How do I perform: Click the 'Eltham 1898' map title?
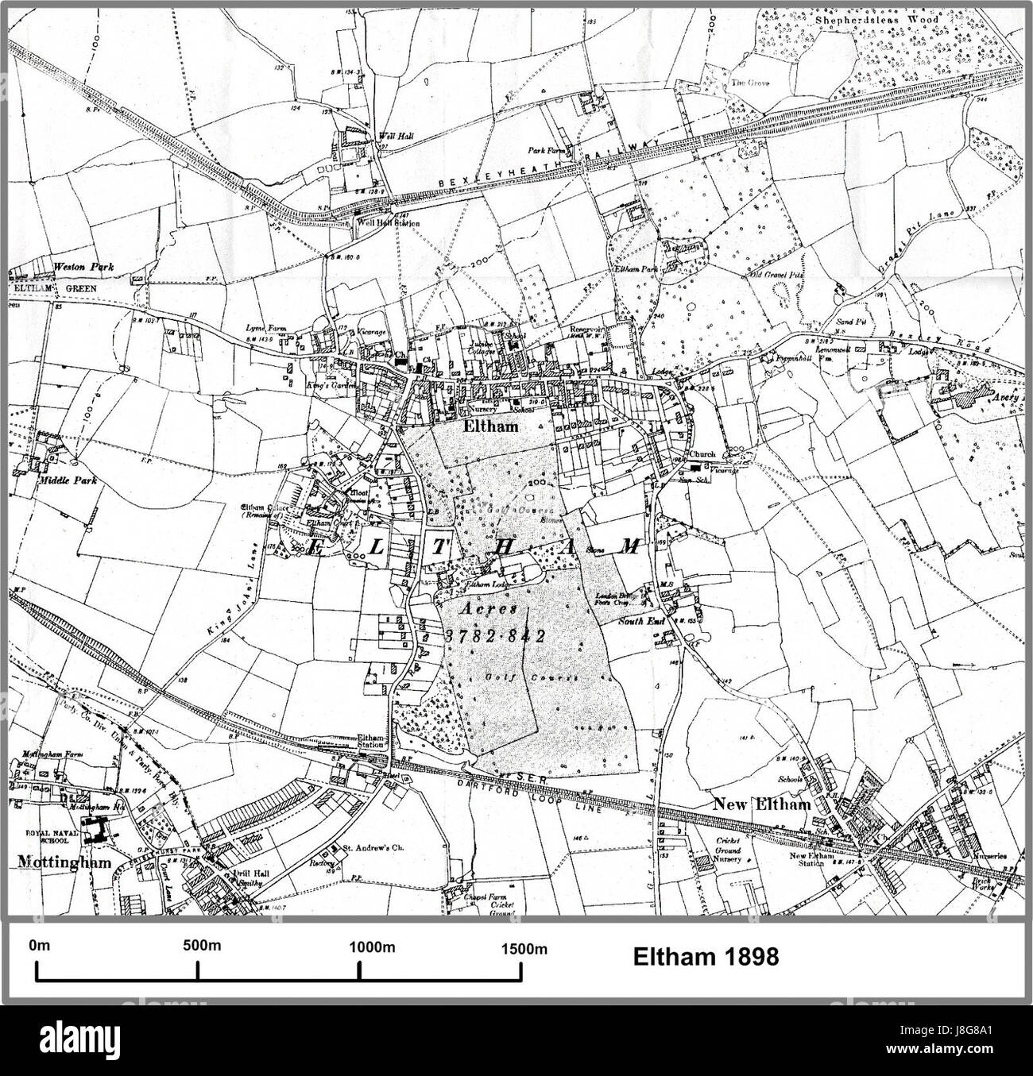(705, 957)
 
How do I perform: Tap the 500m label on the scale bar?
(200, 946)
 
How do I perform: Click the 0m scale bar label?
(39, 946)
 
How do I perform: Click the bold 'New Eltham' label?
(761, 804)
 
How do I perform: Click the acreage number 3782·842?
(493, 636)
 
